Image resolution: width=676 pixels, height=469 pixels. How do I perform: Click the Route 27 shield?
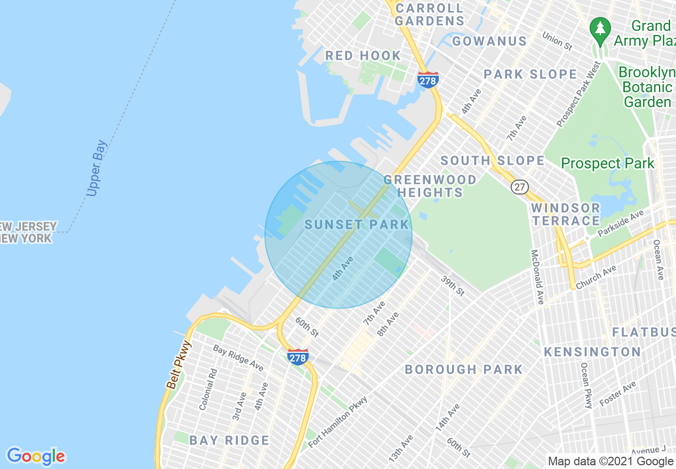(519, 187)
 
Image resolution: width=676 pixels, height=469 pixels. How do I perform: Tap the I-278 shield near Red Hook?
(428, 80)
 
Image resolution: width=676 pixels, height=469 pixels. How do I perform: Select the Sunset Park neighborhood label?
(357, 224)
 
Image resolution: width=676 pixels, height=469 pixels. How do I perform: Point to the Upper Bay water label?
(96, 168)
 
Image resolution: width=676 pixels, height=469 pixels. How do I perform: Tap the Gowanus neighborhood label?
(489, 41)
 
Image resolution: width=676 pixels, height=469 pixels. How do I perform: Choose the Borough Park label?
(464, 369)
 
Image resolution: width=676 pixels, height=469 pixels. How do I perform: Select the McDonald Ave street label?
(536, 277)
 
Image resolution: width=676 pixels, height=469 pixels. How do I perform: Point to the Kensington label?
(592, 352)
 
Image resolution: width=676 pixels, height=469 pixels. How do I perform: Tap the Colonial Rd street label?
(208, 390)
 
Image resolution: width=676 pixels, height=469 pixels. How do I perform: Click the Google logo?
(36, 456)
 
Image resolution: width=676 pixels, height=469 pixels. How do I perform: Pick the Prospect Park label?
(608, 163)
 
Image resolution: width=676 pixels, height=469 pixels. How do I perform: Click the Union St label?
(558, 41)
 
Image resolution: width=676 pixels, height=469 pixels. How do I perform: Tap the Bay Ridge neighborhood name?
(229, 440)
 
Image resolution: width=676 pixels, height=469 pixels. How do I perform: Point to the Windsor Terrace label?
(566, 214)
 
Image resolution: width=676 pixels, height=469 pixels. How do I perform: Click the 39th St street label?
(453, 286)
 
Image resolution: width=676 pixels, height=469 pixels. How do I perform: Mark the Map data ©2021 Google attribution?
(611, 462)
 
